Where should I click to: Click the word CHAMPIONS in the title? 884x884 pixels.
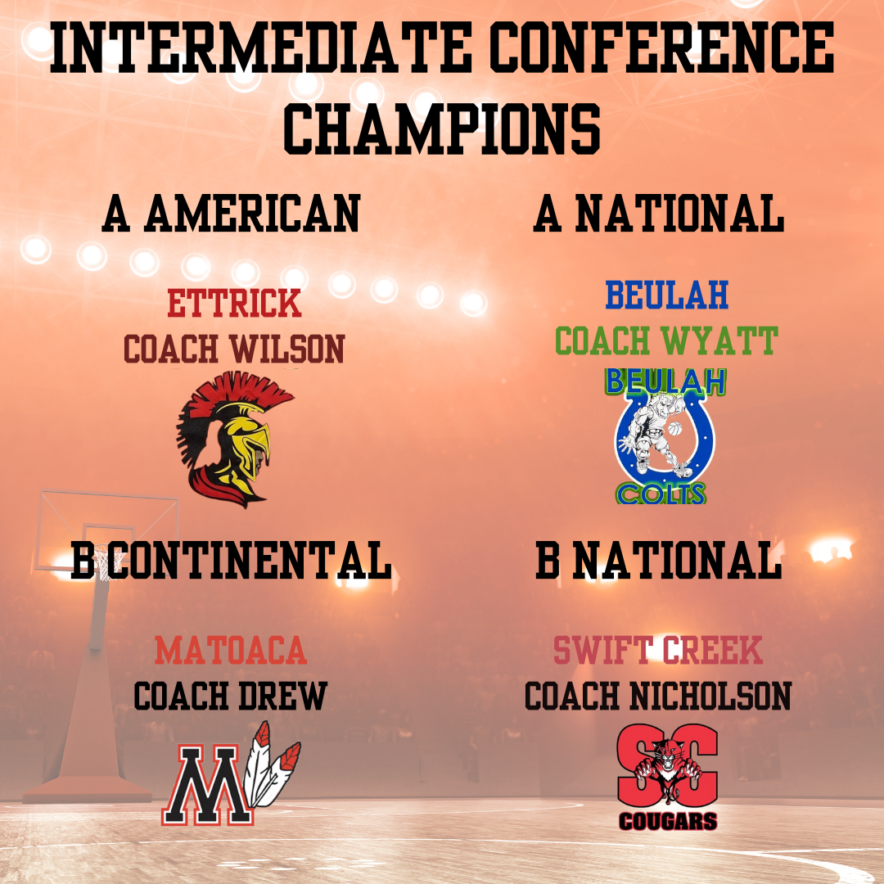pos(442,129)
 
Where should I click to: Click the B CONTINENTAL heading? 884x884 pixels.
pos(231,560)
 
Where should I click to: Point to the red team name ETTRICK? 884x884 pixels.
pos(235,304)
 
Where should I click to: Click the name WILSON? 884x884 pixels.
pos(287,349)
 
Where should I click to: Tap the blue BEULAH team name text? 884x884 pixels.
pos(667,295)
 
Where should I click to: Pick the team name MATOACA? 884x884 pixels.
pos(231,650)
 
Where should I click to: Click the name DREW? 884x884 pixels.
pos(282,696)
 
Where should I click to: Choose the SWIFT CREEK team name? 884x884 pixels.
pos(658,650)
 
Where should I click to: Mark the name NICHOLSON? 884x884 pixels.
pos(710,696)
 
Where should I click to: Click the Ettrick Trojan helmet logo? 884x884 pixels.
pos(234,440)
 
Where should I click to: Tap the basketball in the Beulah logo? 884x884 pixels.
pos(674,428)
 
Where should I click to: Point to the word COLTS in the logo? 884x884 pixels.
pos(661,494)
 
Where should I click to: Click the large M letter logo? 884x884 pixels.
pos(207,785)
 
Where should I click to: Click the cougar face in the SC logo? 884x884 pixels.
pos(668,755)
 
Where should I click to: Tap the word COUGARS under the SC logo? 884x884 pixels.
pos(668,821)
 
